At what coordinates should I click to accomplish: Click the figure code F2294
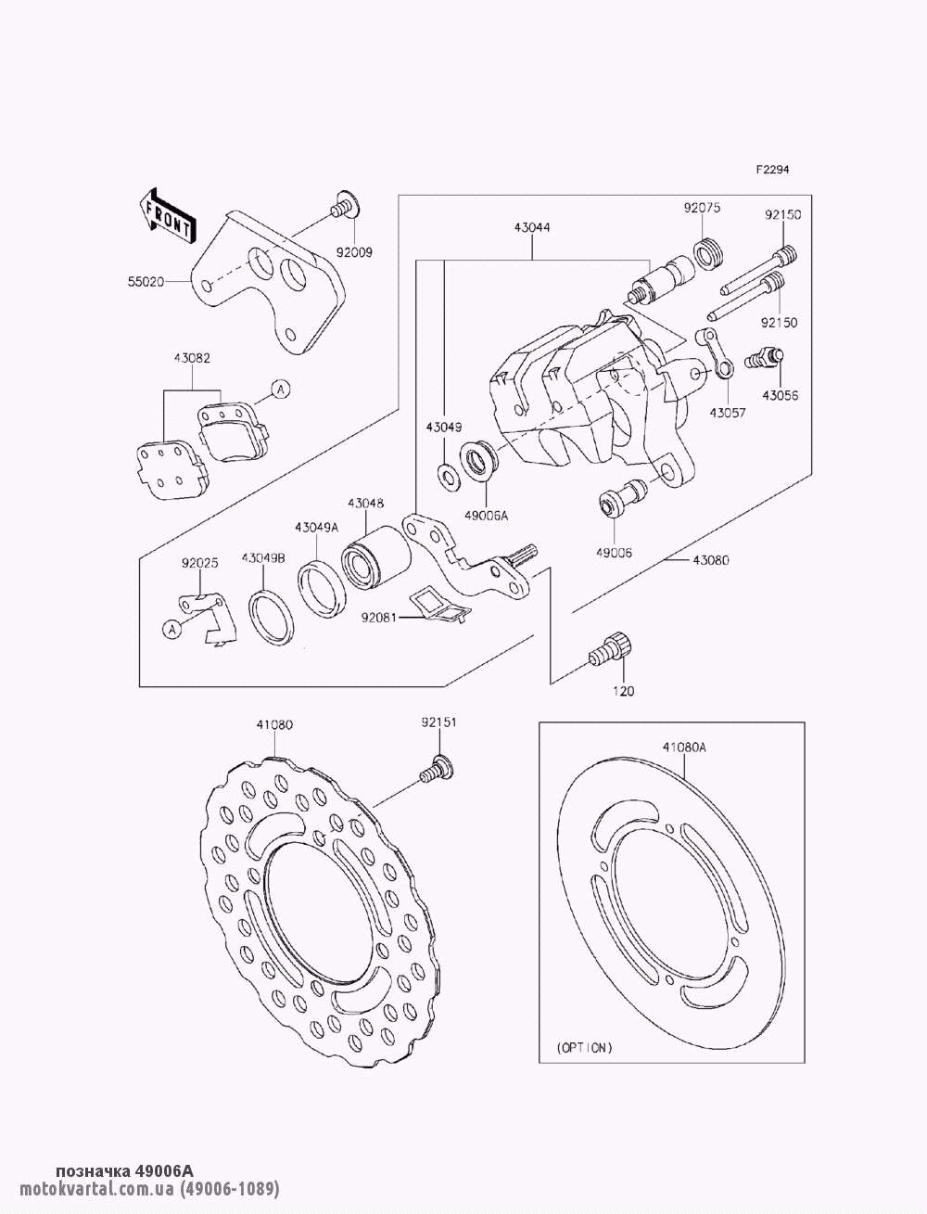[x=770, y=170]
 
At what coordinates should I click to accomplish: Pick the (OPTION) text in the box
[x=584, y=1047]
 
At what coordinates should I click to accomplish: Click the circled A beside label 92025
[x=171, y=629]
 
